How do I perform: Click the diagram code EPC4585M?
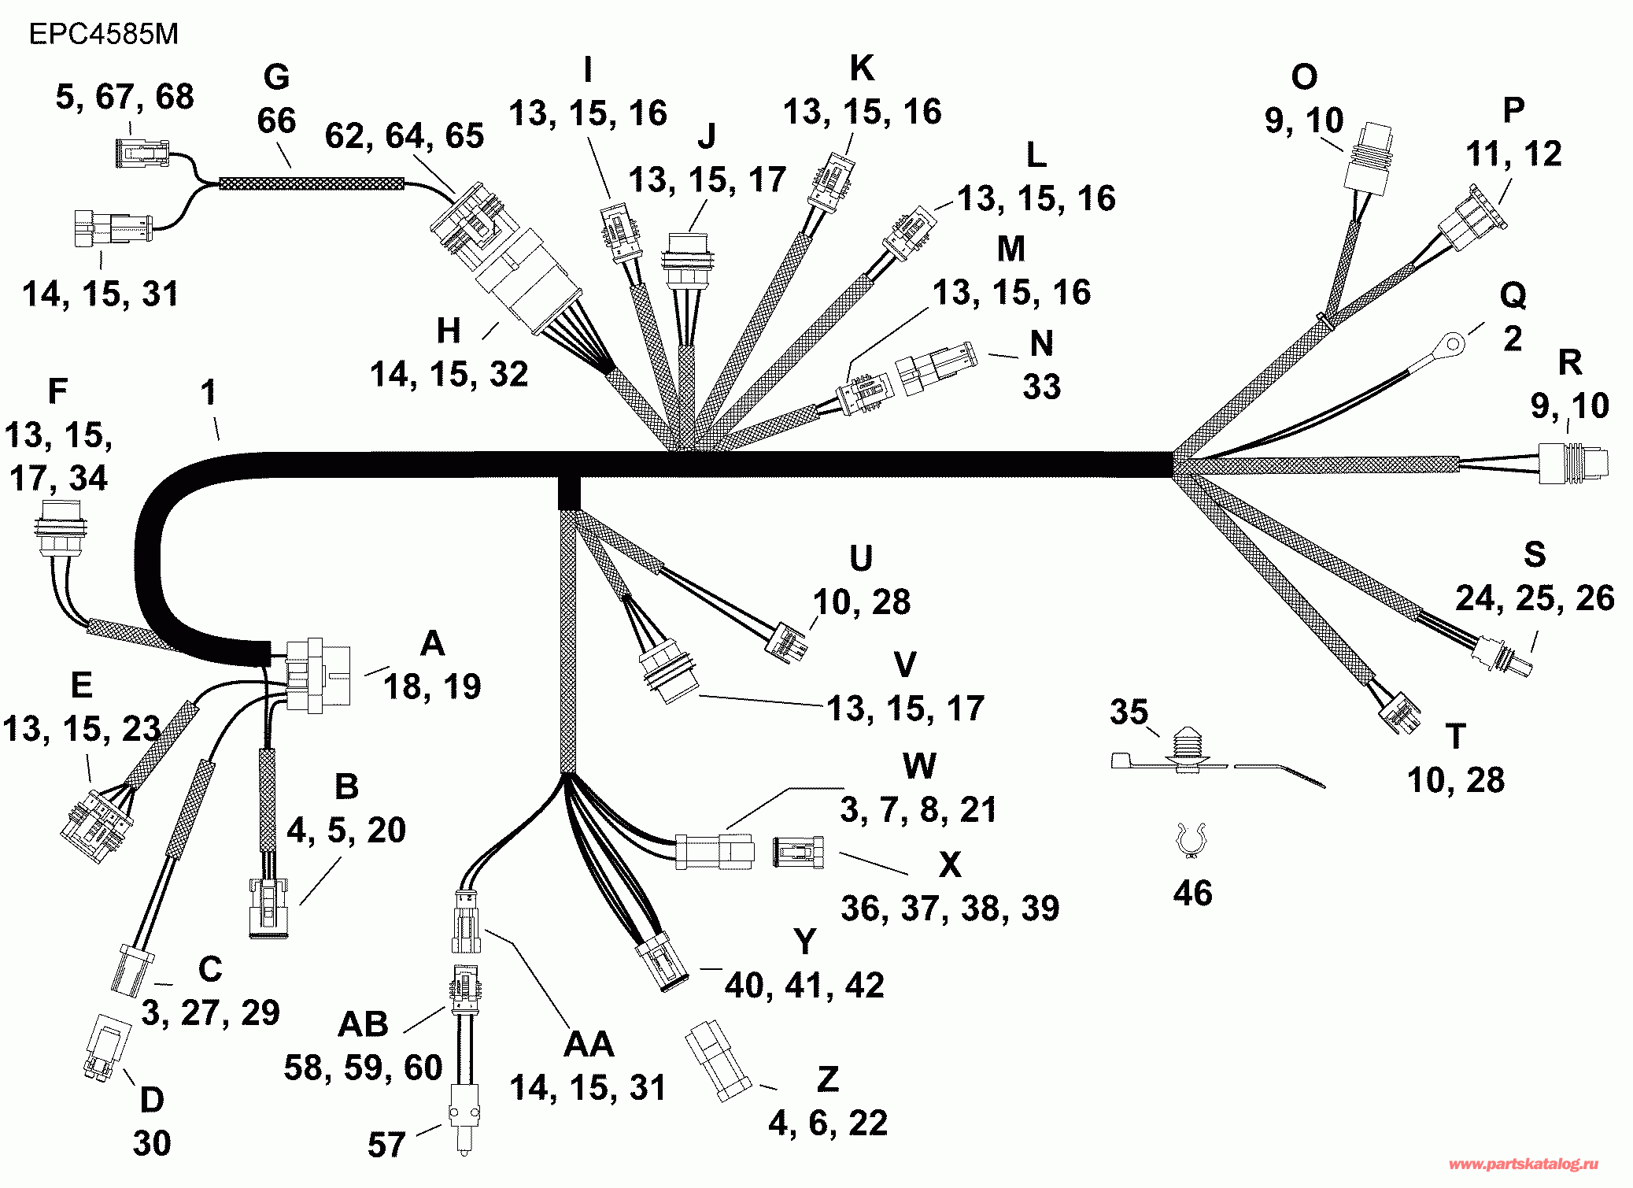coord(104,35)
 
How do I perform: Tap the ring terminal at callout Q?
coord(1453,344)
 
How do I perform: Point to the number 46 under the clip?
coord(1192,894)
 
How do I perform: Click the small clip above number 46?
coord(1190,840)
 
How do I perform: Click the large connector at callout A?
coord(317,675)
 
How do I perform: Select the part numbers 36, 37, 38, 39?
coord(950,909)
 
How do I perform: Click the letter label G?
coord(276,78)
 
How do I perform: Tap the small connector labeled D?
coord(108,1046)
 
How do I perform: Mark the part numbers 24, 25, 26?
coord(1535,598)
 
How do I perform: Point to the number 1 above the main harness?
coord(208,393)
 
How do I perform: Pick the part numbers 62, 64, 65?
coord(405,135)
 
